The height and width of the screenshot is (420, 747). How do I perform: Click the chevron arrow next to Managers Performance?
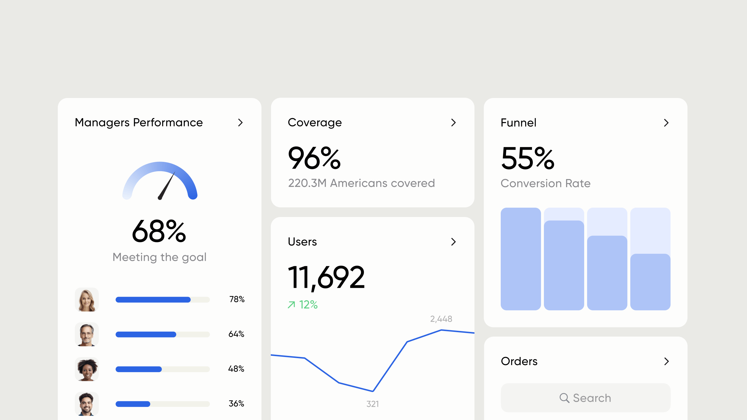tap(240, 123)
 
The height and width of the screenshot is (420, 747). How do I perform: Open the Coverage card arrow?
tap(453, 123)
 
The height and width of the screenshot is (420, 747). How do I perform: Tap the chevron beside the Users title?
tap(453, 242)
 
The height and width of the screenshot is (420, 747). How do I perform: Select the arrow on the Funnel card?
tap(666, 123)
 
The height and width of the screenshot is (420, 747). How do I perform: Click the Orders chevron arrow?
tap(666, 361)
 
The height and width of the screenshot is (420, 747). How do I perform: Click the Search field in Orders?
tap(585, 398)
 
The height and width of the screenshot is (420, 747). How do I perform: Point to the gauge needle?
tap(167, 185)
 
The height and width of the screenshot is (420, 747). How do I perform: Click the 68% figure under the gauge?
tap(159, 231)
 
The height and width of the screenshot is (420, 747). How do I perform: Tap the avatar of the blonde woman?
tap(87, 300)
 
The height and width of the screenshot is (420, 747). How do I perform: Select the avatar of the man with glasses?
tap(87, 334)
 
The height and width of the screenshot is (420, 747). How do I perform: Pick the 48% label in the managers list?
tap(236, 369)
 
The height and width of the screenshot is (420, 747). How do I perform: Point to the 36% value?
tap(236, 404)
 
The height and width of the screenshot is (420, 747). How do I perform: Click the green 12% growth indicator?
tap(303, 305)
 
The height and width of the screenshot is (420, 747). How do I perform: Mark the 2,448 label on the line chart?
tap(441, 319)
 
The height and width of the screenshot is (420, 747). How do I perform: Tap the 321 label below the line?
tap(373, 404)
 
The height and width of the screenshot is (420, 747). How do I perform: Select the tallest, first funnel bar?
tap(521, 259)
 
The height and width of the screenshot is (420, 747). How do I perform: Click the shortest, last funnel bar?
tap(650, 282)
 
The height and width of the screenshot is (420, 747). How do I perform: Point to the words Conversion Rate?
tap(545, 183)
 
